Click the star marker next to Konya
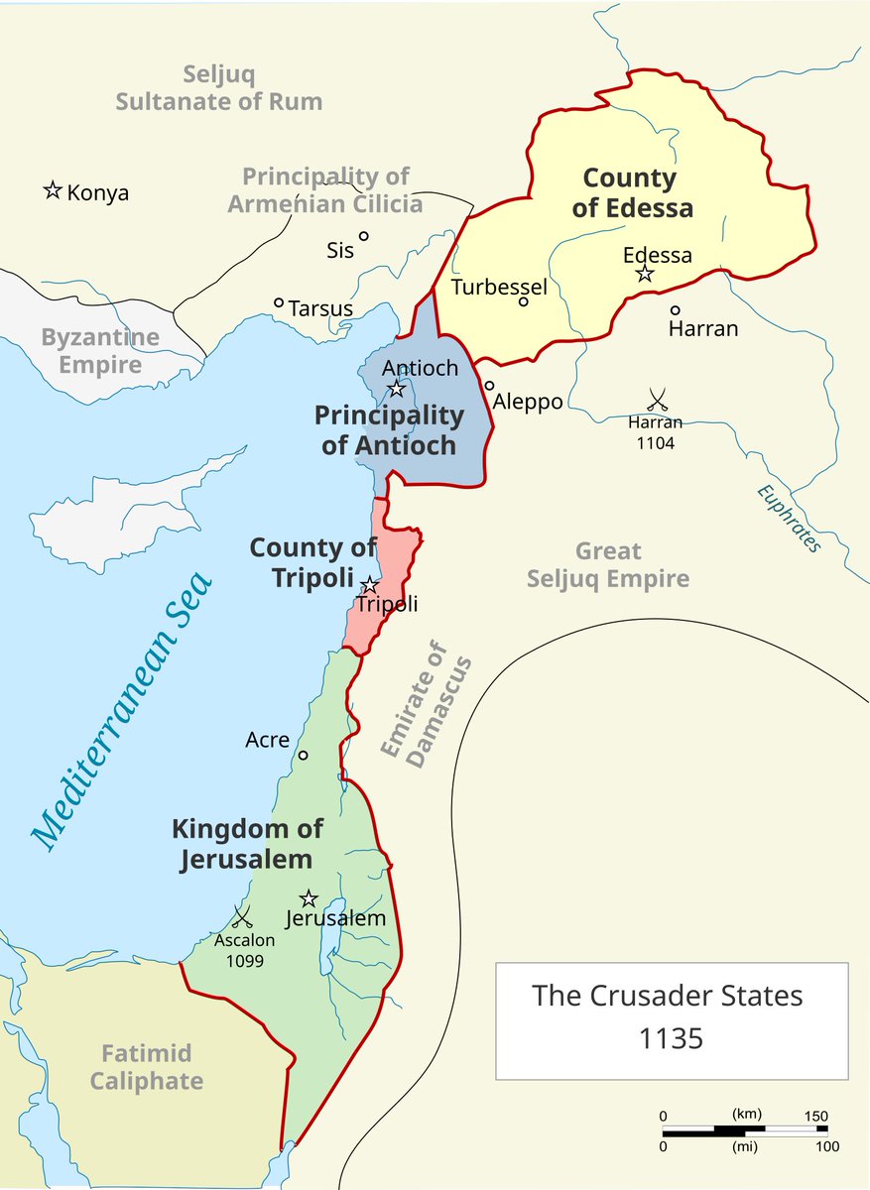tap(53, 190)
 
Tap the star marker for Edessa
tap(645, 273)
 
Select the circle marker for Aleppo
tap(489, 386)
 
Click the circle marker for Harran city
tap(676, 310)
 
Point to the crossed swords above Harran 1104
tap(656, 400)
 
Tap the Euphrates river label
tap(789, 518)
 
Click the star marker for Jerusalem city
tap(309, 898)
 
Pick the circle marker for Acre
tap(304, 755)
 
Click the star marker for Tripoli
tap(369, 585)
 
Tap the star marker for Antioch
tap(397, 389)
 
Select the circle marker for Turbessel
tap(524, 301)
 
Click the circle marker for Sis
tap(364, 236)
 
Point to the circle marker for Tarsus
tap(279, 303)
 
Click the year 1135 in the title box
tap(672, 1038)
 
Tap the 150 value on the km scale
tap(815, 1116)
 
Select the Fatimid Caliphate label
tap(147, 1067)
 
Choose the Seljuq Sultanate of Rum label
tap(218, 87)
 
